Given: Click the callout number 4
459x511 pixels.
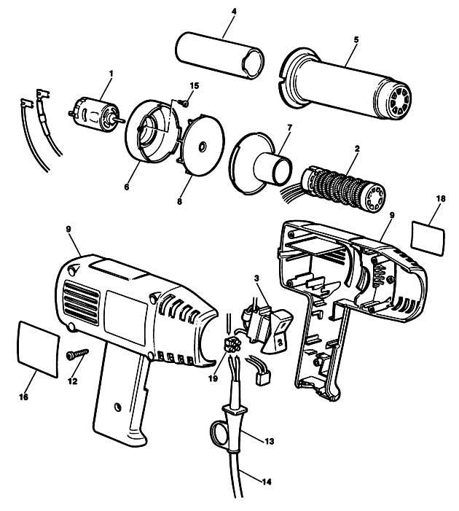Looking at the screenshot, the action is tap(234, 12).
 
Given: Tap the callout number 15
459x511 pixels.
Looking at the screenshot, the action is tap(194, 86).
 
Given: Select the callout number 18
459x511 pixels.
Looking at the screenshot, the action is tap(441, 198).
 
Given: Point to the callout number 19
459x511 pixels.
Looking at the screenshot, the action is tap(213, 378).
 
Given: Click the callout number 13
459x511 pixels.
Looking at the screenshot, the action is tap(269, 441).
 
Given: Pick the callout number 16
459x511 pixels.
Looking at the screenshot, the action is tap(23, 397).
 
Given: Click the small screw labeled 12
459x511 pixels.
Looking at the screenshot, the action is tap(77, 354).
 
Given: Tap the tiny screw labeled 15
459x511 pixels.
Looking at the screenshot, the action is tap(184, 104).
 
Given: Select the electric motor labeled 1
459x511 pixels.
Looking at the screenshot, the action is tap(95, 114).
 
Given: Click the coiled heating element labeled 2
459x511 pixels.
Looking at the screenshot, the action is tap(344, 188).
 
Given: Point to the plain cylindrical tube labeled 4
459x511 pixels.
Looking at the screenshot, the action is tap(219, 55).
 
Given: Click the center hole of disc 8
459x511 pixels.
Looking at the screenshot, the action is tap(203, 147).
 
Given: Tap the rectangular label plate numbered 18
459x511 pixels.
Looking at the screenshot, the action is tap(428, 238).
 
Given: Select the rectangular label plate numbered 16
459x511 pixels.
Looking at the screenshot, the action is tap(39, 349).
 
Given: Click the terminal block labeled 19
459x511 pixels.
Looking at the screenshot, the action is tap(232, 344).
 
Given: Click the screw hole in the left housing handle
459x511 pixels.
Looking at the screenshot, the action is tap(117, 407).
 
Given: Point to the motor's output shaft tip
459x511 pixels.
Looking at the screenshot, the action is tap(123, 120).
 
